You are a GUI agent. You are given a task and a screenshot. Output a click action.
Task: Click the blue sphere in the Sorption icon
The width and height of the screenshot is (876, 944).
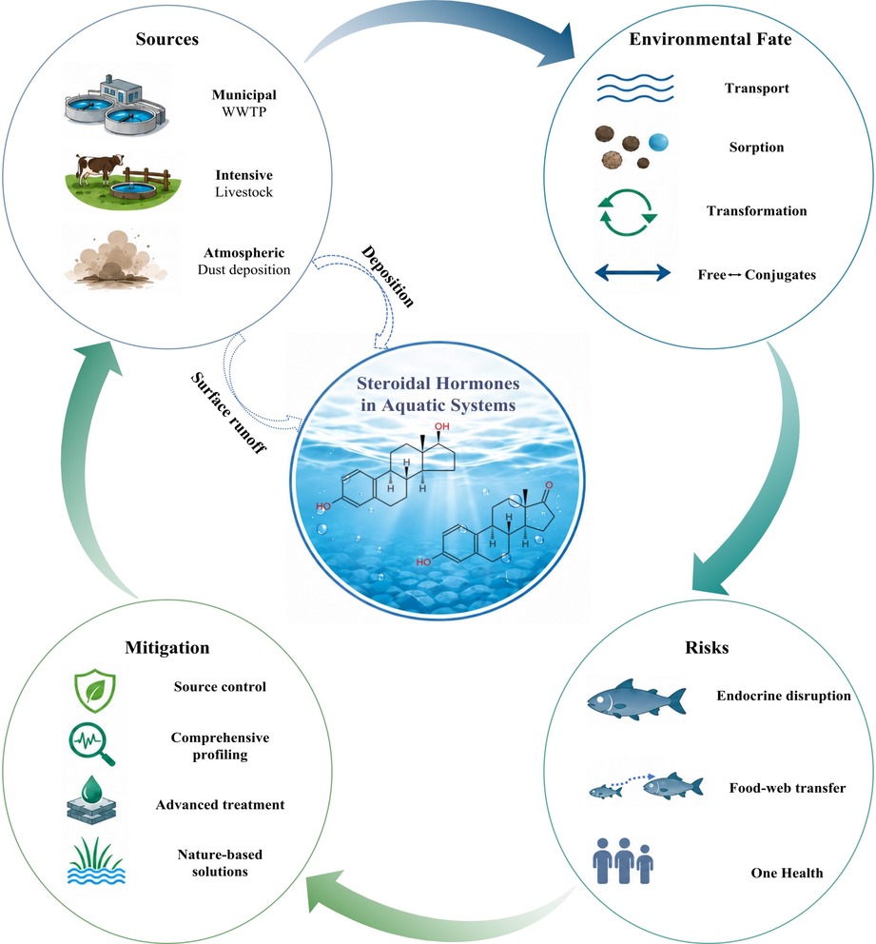click(658, 142)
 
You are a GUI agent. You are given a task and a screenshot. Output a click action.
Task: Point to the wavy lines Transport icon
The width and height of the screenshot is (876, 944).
click(634, 88)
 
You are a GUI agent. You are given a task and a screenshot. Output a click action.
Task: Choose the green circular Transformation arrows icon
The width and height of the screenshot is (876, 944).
click(628, 212)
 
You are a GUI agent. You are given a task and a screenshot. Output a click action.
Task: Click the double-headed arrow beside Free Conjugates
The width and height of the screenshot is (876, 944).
click(633, 273)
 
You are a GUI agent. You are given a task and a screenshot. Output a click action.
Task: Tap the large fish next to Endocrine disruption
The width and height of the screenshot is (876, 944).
click(636, 699)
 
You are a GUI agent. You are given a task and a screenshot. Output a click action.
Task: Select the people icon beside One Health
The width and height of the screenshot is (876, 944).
click(623, 861)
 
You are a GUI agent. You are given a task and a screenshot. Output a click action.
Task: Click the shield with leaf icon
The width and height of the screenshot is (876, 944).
click(94, 693)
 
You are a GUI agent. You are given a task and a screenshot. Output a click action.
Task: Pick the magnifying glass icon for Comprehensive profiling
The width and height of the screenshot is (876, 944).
click(91, 744)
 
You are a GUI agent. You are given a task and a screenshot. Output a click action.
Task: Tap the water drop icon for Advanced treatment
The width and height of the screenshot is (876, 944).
click(91, 799)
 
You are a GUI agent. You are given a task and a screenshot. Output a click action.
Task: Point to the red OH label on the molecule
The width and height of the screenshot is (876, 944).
click(442, 426)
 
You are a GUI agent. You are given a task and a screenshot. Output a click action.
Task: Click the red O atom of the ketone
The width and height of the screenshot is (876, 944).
click(549, 484)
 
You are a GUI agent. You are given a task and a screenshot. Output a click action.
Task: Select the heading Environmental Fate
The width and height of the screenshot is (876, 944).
click(710, 39)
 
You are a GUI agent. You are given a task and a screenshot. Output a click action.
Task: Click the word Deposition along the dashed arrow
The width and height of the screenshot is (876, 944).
click(388, 277)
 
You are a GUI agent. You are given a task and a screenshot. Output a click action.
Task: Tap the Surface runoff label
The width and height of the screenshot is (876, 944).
click(228, 413)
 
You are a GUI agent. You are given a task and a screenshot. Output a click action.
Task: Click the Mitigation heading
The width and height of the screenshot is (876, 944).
click(167, 648)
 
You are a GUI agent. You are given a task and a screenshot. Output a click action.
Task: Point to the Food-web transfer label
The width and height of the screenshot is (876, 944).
click(788, 788)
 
